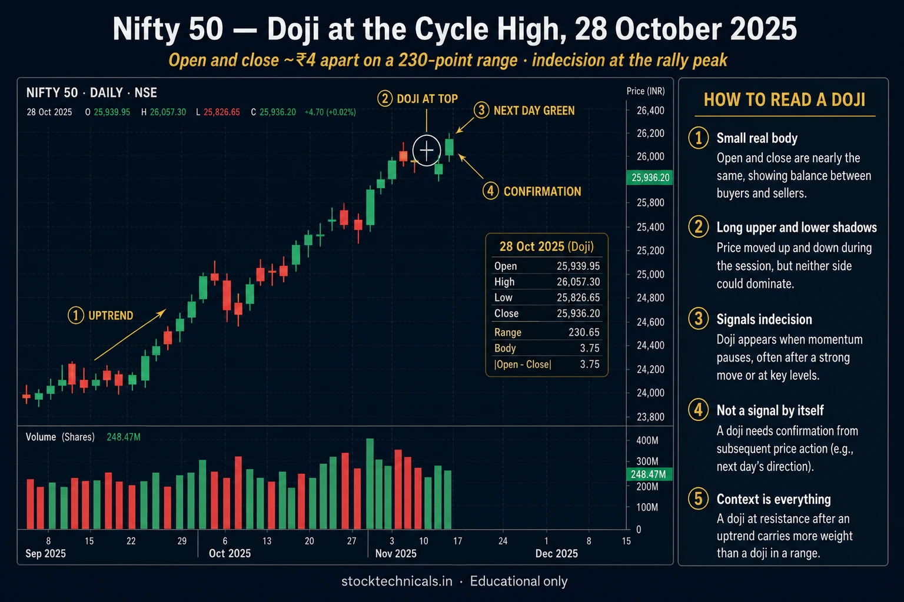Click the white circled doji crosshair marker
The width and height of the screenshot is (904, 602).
click(427, 150)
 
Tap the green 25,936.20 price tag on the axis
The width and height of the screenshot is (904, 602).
click(649, 178)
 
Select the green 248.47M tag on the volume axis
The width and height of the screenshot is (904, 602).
click(649, 474)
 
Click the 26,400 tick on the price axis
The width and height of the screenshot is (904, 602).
click(650, 111)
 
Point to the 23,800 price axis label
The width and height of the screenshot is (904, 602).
click(650, 417)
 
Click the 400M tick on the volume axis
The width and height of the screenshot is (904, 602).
click(647, 440)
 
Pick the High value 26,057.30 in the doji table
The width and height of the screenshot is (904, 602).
click(579, 282)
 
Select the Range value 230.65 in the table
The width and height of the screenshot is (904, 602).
click(584, 332)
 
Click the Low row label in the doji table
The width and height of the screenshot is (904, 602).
click(503, 297)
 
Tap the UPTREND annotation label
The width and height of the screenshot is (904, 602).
click(111, 315)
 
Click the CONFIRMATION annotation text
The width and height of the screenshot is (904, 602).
click(543, 192)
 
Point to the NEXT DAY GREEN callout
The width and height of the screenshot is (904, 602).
click(534, 111)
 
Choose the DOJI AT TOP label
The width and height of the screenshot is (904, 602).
click(427, 99)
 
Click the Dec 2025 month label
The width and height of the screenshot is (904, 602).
click(557, 554)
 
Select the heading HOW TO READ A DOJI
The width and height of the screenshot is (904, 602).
click(785, 99)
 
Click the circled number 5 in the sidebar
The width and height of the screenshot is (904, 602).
click(699, 499)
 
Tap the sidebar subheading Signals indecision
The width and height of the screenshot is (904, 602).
click(765, 319)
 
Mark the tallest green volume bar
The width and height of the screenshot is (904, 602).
click(370, 484)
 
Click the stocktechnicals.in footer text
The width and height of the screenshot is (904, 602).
click(397, 581)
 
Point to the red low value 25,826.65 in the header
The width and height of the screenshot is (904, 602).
click(221, 112)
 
